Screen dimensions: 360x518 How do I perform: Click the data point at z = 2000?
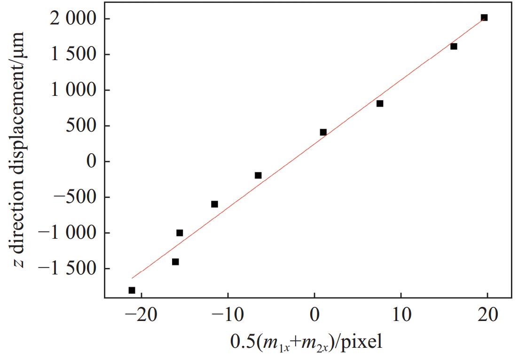pyautogui.click(x=484, y=18)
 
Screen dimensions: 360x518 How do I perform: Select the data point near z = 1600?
pyautogui.click(x=454, y=46)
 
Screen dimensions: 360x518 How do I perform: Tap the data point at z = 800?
pyautogui.click(x=380, y=103)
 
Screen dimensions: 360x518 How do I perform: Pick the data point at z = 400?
pyautogui.click(x=323, y=132)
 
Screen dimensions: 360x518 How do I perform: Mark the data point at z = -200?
pyautogui.click(x=258, y=175)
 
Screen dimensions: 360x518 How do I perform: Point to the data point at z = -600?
pyautogui.click(x=214, y=204)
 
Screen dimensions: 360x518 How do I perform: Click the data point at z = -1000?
pyautogui.click(x=180, y=233)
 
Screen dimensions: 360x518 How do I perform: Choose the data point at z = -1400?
pyautogui.click(x=175, y=262)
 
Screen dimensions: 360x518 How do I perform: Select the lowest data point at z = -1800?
pyautogui.click(x=132, y=290)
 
